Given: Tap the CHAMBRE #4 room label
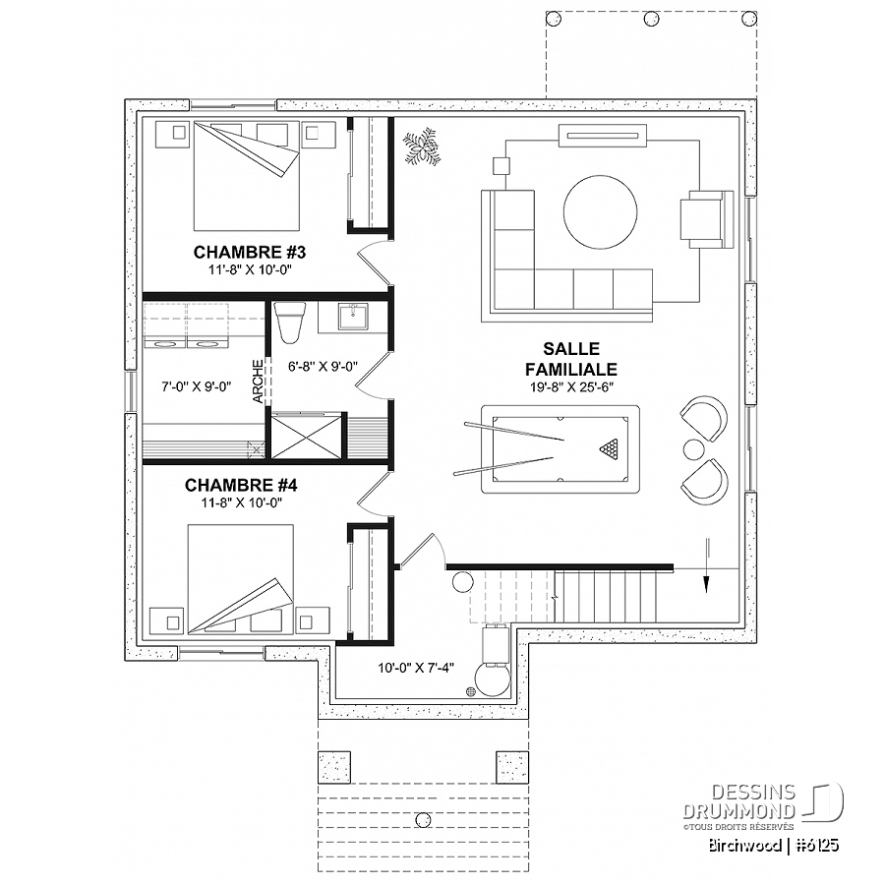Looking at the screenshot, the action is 241,485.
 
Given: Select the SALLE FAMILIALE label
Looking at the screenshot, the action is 571,359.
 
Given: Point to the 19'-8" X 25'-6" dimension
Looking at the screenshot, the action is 571,387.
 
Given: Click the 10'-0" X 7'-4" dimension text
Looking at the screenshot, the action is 416,668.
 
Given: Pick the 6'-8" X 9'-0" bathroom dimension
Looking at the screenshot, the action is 323,367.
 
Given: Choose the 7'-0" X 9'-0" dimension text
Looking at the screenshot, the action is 197,386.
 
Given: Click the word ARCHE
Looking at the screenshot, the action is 258,382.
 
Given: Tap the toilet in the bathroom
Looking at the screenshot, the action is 289,323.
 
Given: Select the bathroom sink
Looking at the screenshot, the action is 353,316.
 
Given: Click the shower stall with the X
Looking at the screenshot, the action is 307,436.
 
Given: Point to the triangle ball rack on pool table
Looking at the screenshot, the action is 609,448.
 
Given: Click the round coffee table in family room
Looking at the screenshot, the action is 600,211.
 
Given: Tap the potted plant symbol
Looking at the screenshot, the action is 421,147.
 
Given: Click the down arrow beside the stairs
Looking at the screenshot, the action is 706,564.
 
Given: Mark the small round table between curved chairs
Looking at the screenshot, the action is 693,449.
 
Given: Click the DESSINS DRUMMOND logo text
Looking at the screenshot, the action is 738,801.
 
